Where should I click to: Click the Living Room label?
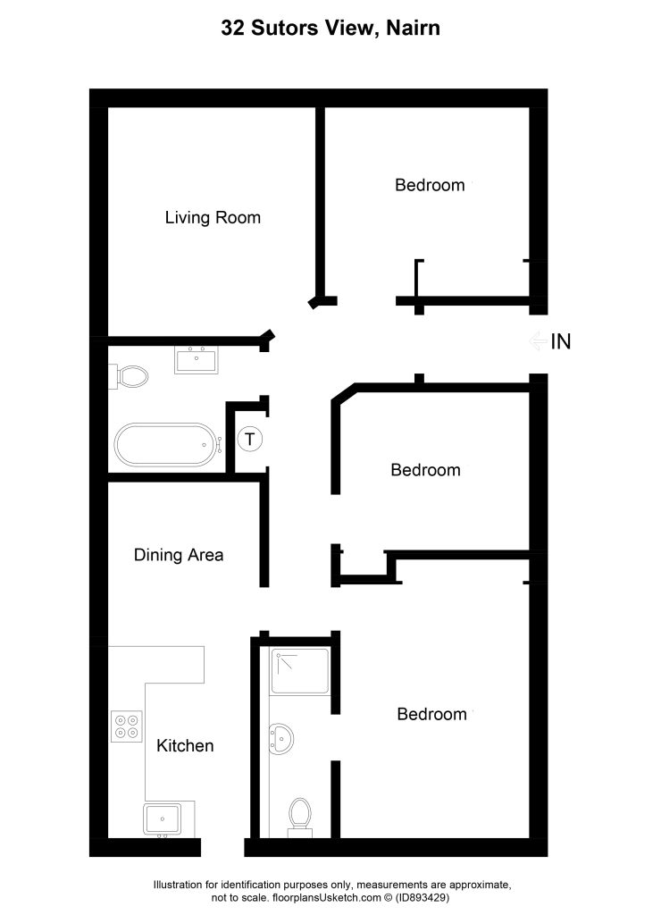click(x=213, y=218)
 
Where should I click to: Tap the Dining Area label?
click(x=179, y=555)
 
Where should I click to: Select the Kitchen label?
click(x=185, y=746)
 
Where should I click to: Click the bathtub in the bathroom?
click(x=167, y=445)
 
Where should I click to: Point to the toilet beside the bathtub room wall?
click(x=129, y=376)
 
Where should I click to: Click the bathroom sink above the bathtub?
click(x=196, y=359)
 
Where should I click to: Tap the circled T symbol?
click(x=250, y=439)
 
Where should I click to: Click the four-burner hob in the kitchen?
click(x=127, y=726)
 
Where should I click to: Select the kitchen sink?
click(x=163, y=819)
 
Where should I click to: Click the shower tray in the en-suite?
click(x=300, y=670)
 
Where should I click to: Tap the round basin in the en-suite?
click(x=280, y=739)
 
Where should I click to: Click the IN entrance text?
click(x=561, y=342)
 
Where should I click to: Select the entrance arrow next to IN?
click(x=538, y=340)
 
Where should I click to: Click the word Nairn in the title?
click(x=413, y=28)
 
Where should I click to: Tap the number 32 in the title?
click(x=232, y=28)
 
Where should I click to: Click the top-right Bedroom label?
click(x=430, y=185)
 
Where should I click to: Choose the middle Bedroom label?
click(x=426, y=470)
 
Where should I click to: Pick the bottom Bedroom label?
click(x=431, y=714)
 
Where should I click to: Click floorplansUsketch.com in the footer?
click(x=327, y=897)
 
